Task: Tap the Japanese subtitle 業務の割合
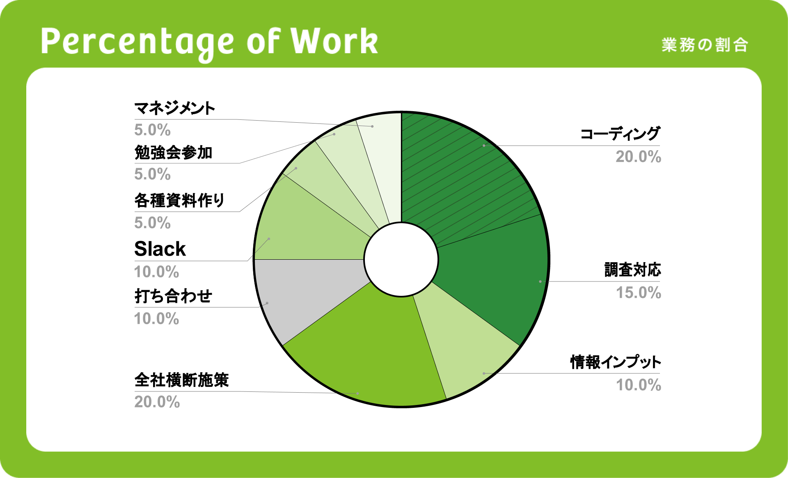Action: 705,45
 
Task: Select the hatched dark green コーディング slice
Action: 464,172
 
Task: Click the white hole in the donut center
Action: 401,259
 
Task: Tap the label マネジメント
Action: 175,108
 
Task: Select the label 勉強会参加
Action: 173,153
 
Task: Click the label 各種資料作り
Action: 179,201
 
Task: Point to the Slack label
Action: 160,249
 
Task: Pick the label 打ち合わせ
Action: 173,296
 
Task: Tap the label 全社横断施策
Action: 181,380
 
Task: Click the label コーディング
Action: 620,134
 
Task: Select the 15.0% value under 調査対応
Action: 638,293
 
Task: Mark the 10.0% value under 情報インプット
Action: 638,385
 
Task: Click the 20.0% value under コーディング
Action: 638,157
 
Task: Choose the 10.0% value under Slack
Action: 156,272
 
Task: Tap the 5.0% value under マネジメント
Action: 152,130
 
